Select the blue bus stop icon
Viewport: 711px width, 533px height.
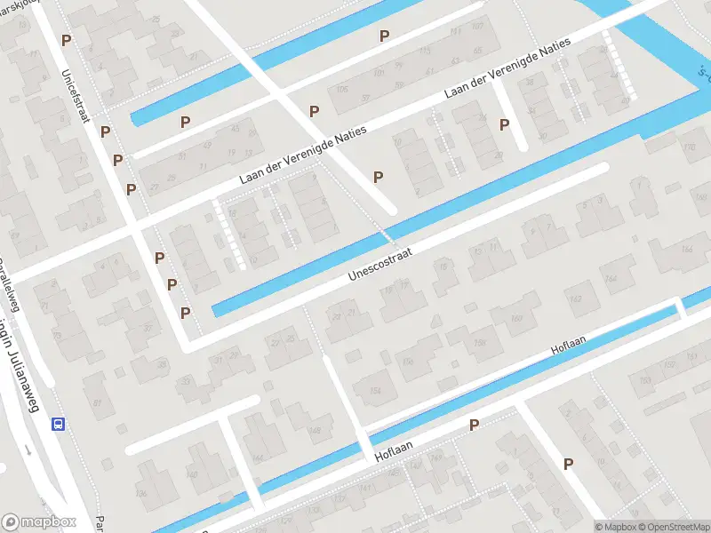click(59, 424)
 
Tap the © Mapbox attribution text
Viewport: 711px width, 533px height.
click(615, 527)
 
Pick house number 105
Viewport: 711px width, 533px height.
click(342, 89)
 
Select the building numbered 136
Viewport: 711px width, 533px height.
click(140, 493)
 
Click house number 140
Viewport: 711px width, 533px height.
click(192, 474)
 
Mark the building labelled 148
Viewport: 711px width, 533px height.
click(314, 432)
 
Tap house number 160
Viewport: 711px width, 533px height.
click(517, 319)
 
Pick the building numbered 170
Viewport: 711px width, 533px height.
click(689, 147)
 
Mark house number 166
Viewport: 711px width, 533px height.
click(687, 250)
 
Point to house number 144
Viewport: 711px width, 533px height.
click(259, 458)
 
